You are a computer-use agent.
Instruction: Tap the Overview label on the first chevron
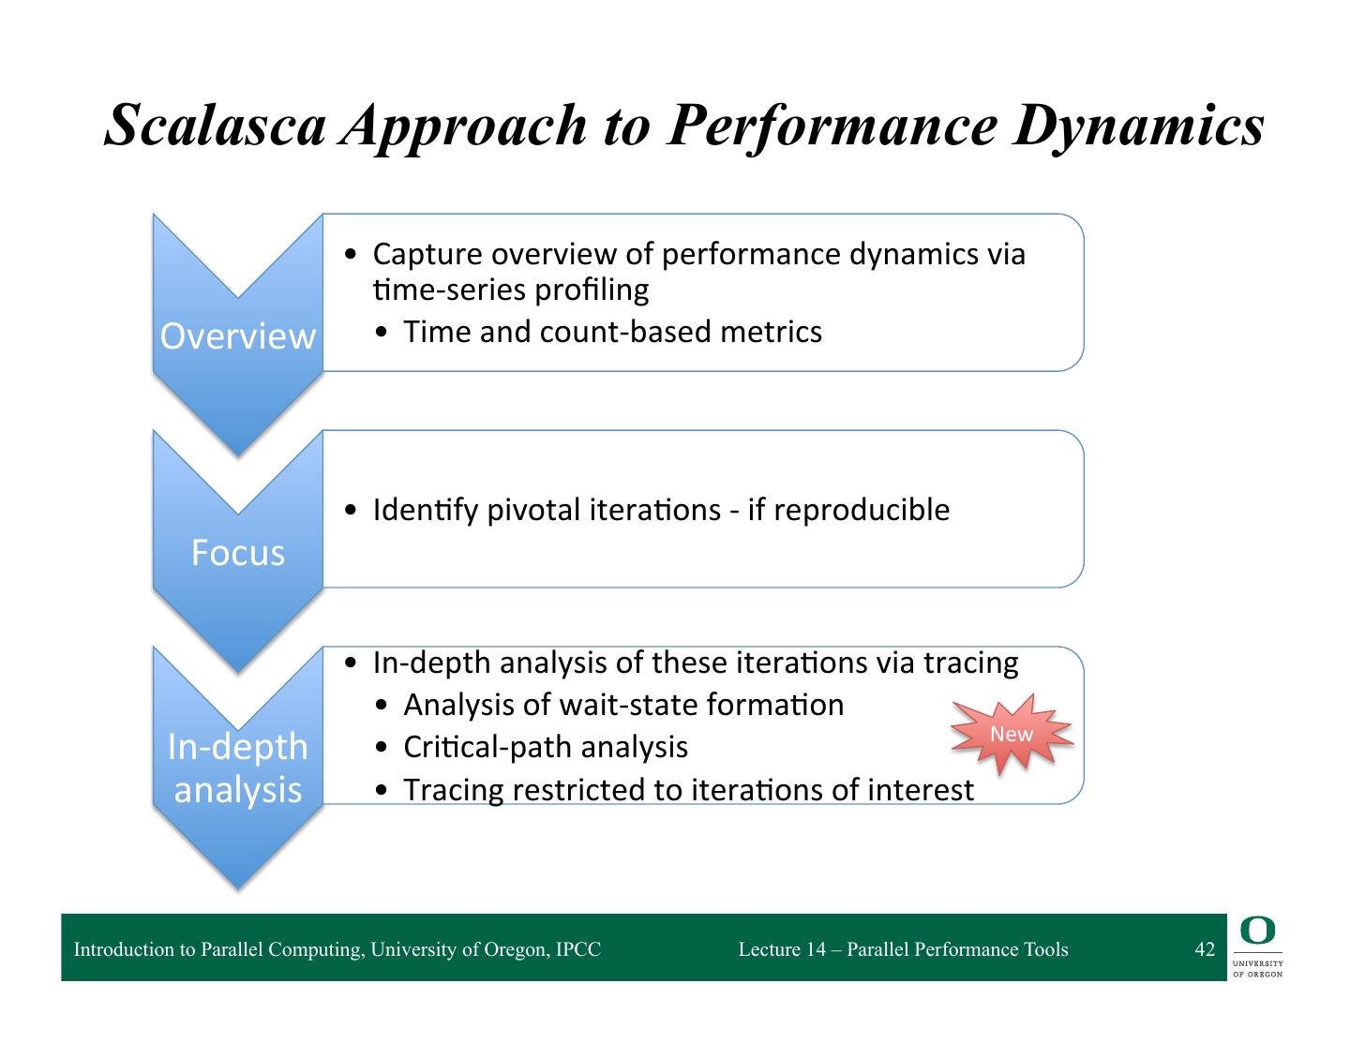pos(238,336)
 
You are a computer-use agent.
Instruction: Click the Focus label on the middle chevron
pos(238,553)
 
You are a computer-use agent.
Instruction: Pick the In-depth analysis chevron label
pos(238,767)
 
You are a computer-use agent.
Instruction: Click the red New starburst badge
pos(1012,734)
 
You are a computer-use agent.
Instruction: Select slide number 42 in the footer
pos(1205,949)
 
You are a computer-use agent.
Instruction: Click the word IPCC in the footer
pos(577,949)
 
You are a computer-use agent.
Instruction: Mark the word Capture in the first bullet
pos(427,254)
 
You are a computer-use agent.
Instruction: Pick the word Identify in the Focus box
pos(427,510)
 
